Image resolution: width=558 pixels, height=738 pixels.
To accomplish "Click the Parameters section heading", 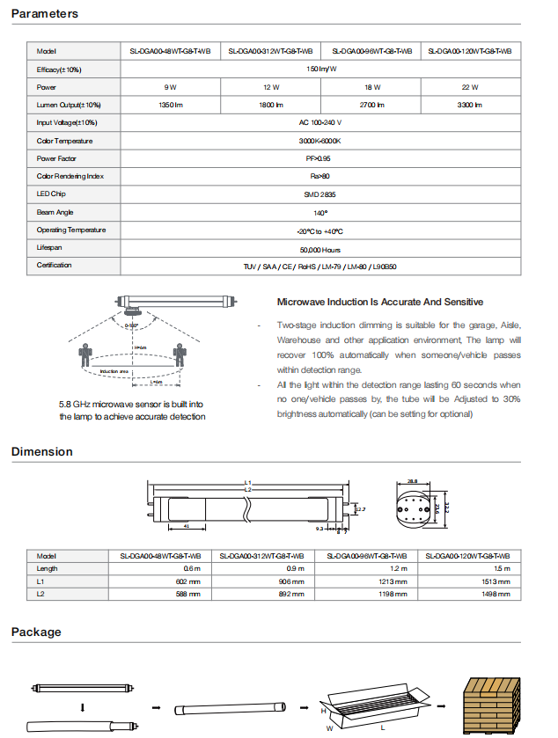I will (x=45, y=13).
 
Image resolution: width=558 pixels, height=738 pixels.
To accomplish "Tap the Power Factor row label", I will (x=59, y=158).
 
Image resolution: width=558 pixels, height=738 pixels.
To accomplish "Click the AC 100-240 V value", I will (x=319, y=123).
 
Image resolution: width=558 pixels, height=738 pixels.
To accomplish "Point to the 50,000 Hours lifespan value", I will (x=319, y=250).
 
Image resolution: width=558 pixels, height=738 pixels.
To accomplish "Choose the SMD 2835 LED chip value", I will (x=319, y=194).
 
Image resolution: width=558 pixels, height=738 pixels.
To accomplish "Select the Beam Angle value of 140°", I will (x=319, y=213).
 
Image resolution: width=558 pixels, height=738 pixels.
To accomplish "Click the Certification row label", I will (x=55, y=265).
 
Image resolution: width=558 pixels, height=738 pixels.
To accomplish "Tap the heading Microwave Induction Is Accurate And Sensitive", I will (x=380, y=302).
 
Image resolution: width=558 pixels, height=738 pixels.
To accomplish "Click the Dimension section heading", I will (x=42, y=452).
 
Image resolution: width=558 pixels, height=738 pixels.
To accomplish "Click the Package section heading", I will (x=36, y=632).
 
